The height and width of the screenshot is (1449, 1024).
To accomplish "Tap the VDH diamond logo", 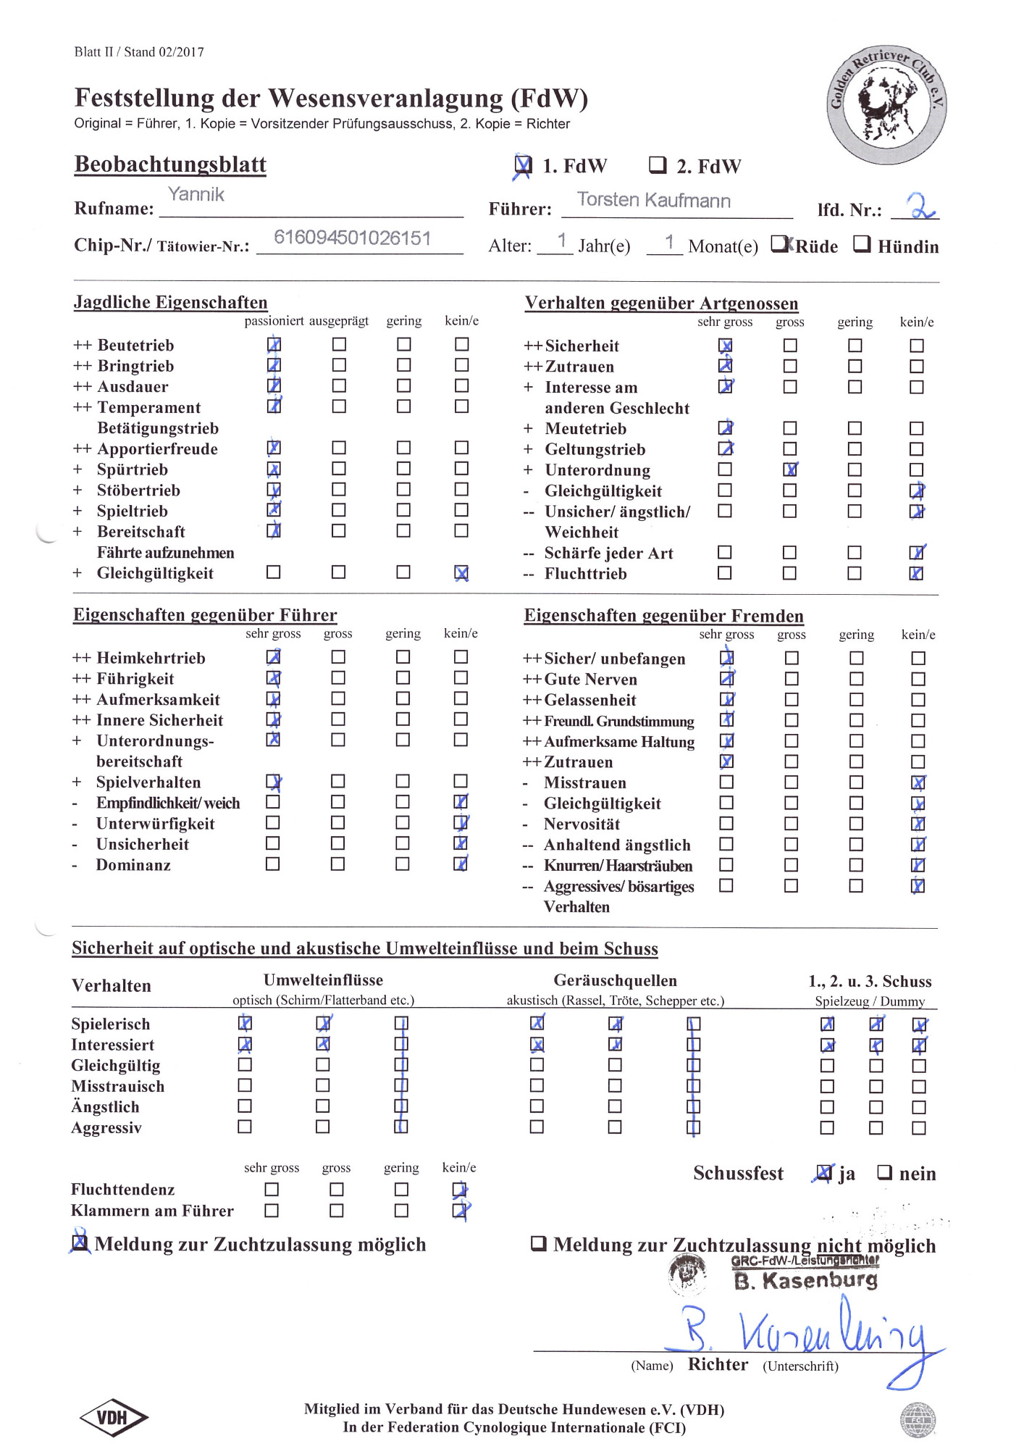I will pos(113,1417).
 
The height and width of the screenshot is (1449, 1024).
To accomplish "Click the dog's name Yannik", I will pos(196,194).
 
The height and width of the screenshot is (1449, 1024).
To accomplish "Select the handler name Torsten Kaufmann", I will pos(653,200).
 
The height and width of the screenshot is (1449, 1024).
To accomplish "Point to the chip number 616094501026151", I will pos(352,238).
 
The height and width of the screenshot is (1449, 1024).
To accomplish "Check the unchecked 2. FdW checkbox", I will pos(657,165).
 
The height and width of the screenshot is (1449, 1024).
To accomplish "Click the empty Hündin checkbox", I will pos(861,244).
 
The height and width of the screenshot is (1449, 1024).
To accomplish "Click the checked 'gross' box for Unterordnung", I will pos(790,469).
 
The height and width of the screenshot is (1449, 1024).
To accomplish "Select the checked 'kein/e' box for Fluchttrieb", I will pos(917,573).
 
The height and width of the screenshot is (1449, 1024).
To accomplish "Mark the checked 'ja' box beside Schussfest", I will pos(823,1172).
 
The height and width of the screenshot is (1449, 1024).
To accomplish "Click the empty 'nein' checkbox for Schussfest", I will pos(884,1172).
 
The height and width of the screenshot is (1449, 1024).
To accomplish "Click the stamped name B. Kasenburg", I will pos(805,1280).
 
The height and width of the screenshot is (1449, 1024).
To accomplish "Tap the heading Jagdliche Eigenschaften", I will pos(170,302).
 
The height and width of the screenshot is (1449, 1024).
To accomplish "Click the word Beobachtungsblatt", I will pos(170,164).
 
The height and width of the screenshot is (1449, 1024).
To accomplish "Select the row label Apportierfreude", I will pos(157,449).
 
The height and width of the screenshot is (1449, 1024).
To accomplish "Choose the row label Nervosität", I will pos(582,824).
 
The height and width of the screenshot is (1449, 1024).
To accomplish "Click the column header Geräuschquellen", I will pos(615,980).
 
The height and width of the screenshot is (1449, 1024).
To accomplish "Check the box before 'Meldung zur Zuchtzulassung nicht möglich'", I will pos(538,1243).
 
